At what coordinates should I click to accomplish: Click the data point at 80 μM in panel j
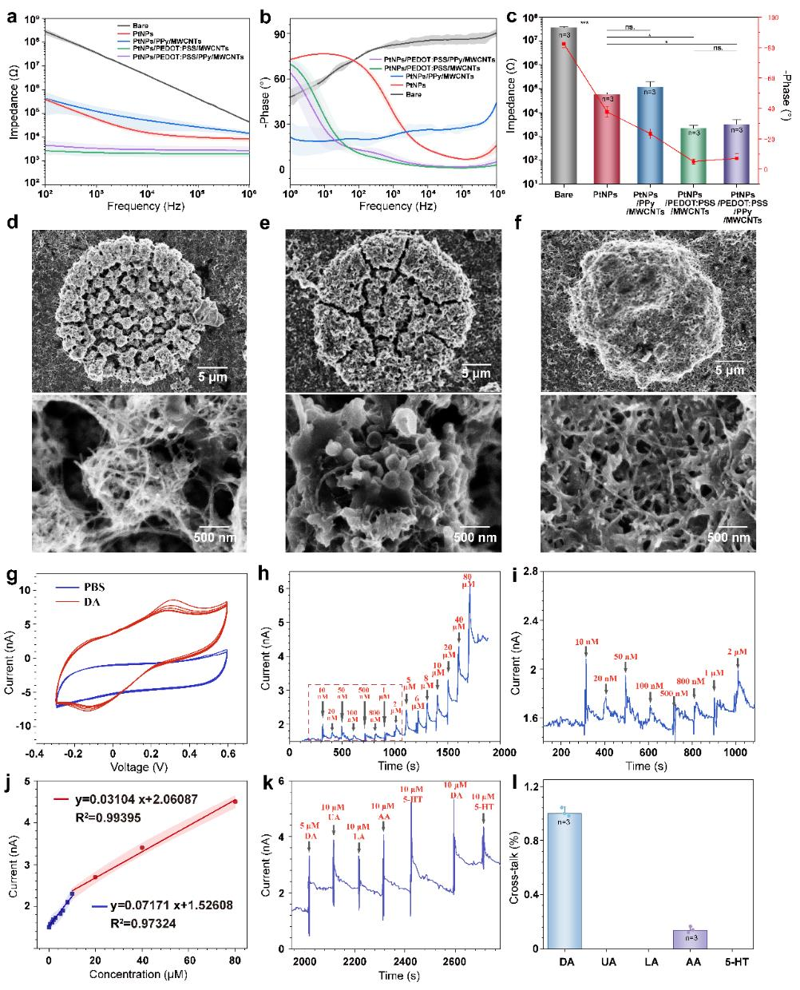click(x=235, y=801)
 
